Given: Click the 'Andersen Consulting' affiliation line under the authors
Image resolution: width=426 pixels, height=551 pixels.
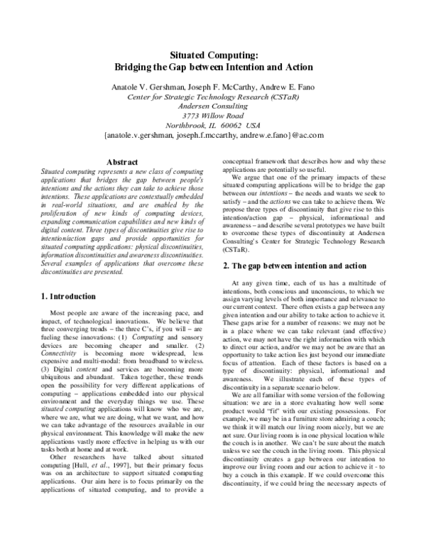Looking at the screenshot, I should pos(213,105).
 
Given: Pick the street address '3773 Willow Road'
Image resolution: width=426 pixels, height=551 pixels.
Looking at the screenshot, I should pos(213,115).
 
